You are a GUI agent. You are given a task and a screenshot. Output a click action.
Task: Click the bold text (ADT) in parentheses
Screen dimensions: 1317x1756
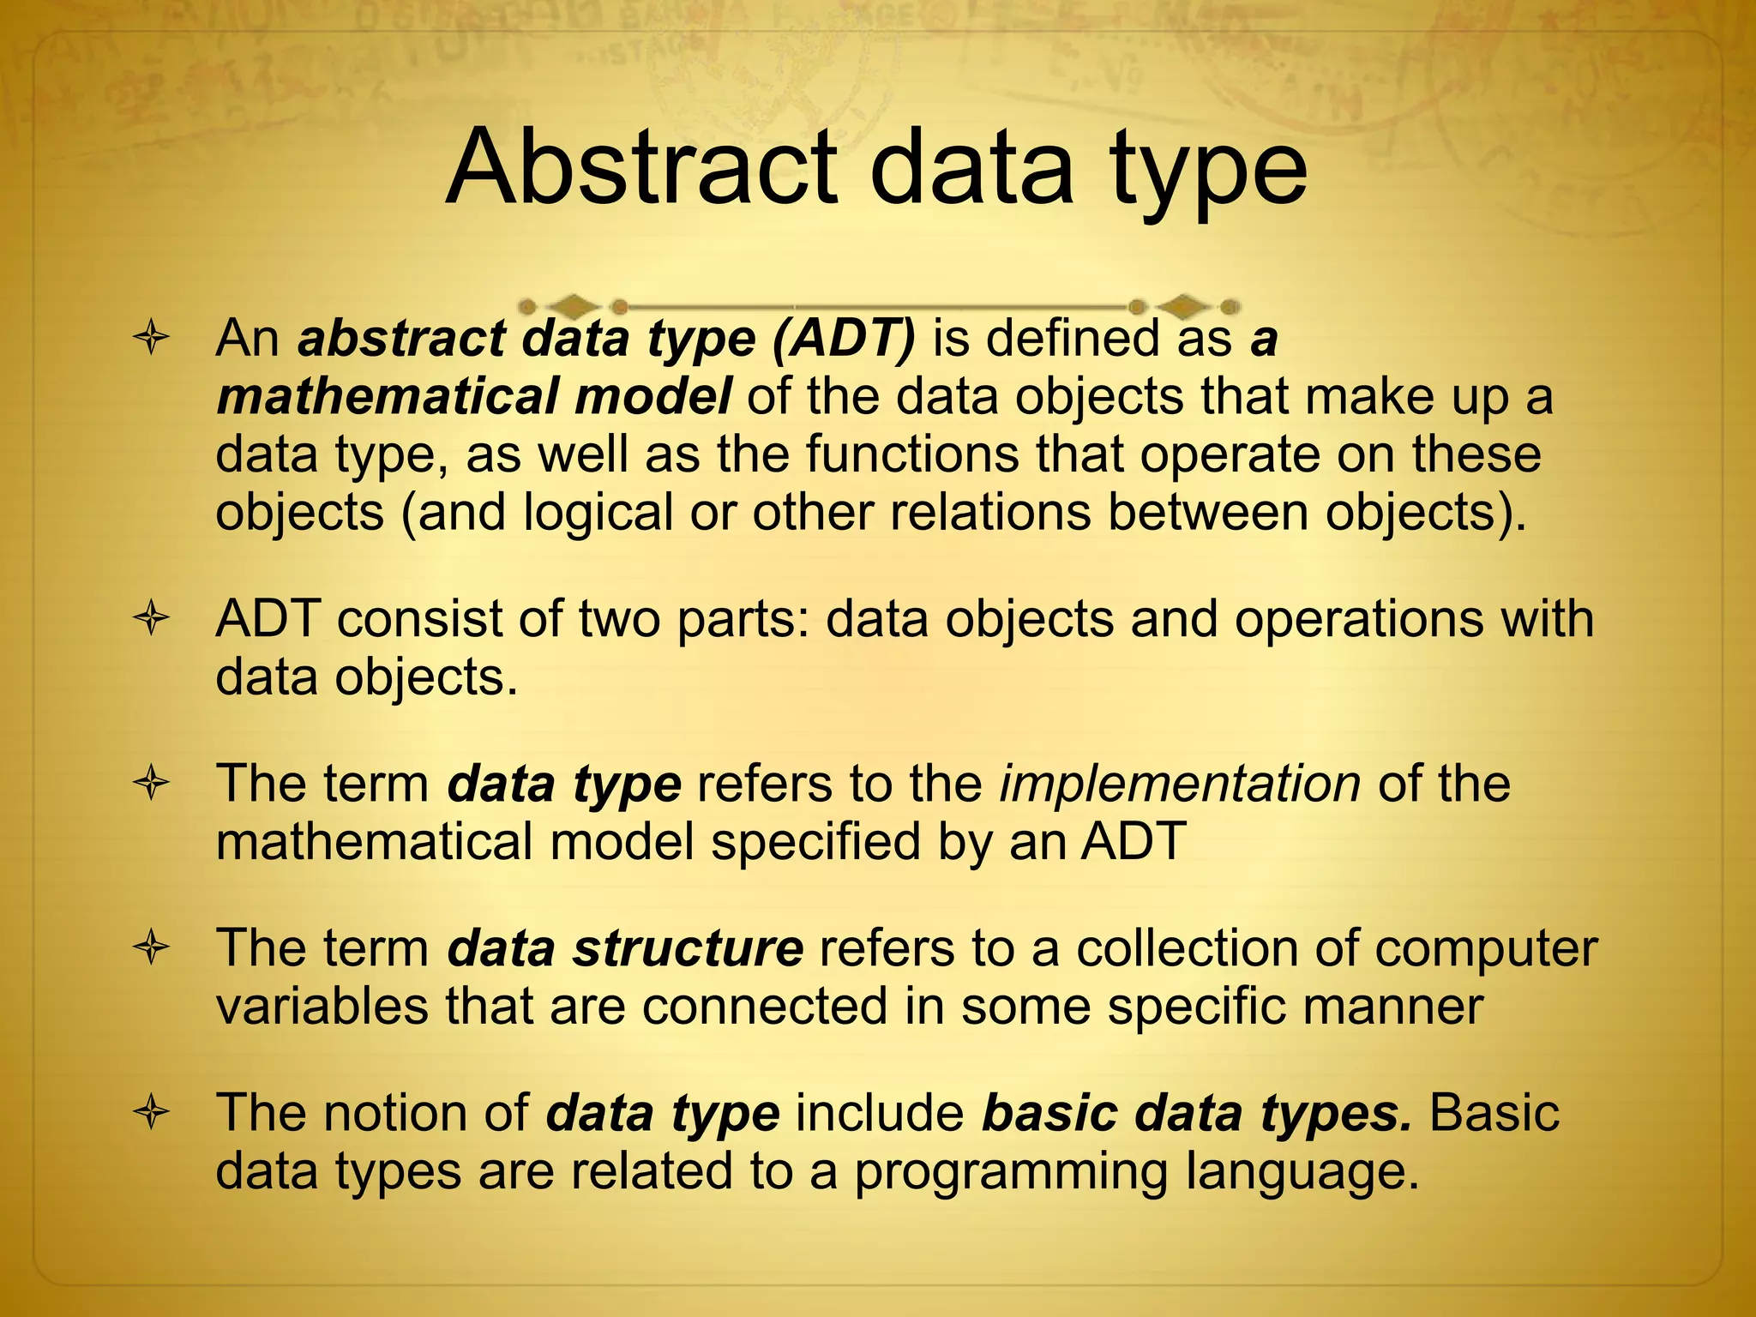tap(844, 339)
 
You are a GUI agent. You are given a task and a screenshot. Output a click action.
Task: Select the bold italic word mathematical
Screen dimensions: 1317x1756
tap(385, 397)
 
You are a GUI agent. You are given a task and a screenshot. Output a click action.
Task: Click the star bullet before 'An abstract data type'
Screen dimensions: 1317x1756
tap(152, 339)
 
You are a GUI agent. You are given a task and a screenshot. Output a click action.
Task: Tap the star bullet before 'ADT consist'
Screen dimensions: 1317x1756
tap(152, 619)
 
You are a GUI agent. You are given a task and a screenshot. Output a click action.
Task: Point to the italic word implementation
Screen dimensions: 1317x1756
tap(1180, 785)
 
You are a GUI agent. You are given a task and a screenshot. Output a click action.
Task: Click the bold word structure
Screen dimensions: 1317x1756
tap(688, 948)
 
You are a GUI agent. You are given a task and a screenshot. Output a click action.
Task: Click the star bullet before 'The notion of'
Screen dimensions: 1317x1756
tap(152, 1114)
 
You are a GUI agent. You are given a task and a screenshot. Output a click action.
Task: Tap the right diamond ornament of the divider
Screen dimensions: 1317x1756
tap(1184, 305)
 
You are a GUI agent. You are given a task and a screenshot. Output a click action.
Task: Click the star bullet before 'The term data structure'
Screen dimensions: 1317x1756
tap(152, 949)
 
